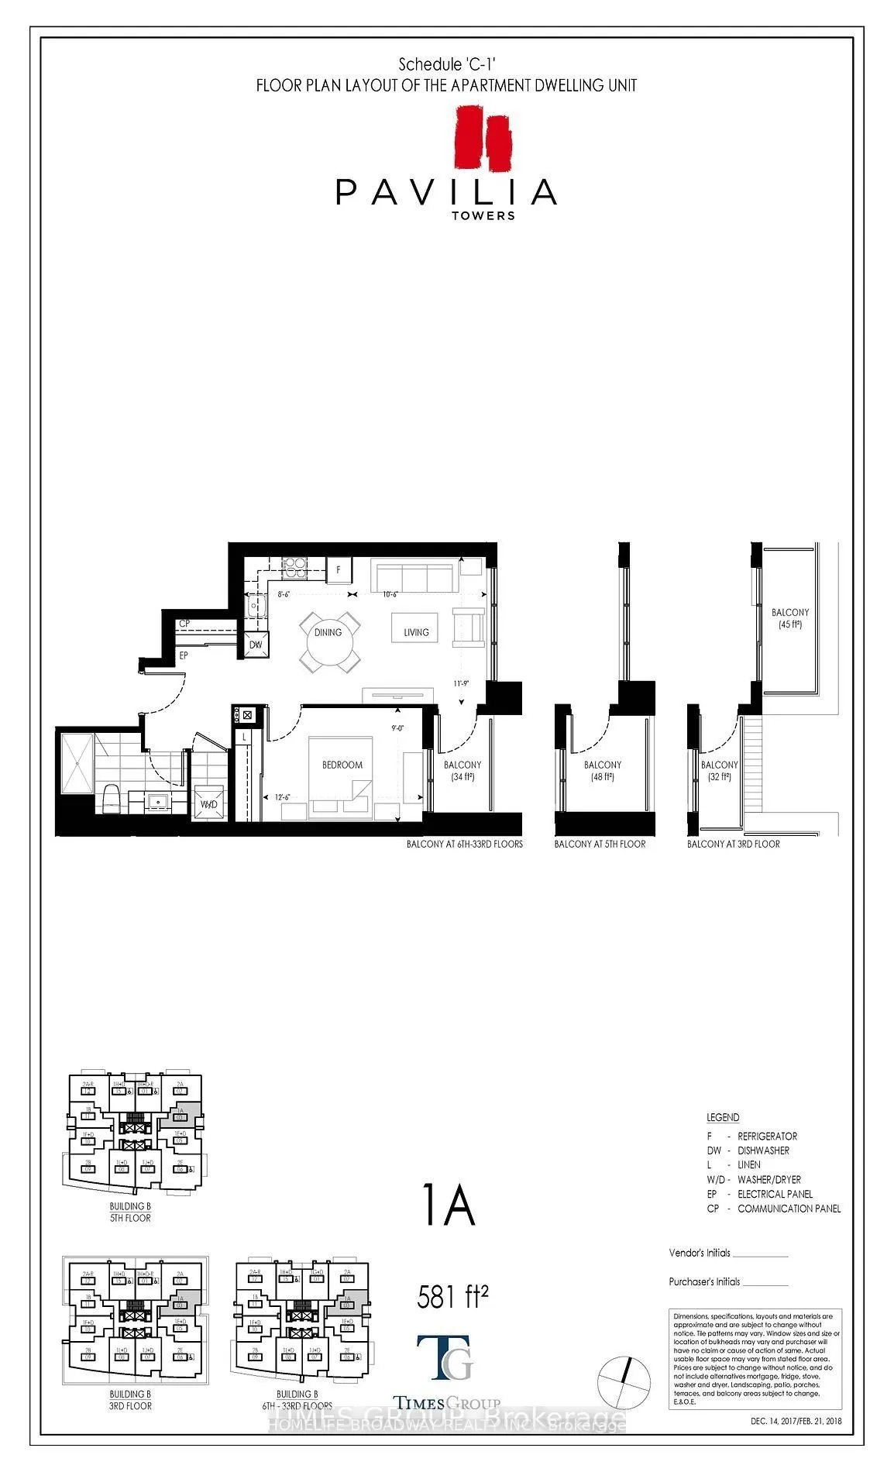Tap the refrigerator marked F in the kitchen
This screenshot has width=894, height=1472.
point(339,570)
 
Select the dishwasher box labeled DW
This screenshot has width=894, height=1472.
point(256,645)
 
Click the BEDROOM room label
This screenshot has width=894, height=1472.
point(342,765)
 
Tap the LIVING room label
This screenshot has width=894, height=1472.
point(416,632)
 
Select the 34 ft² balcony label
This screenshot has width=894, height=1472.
point(462,770)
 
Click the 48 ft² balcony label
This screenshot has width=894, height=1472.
point(603,770)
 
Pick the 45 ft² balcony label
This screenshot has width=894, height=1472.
point(789,617)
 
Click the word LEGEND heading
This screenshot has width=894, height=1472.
point(723,1117)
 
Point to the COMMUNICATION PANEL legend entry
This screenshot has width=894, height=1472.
point(788,1209)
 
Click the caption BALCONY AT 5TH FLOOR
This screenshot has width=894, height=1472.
point(600,844)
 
